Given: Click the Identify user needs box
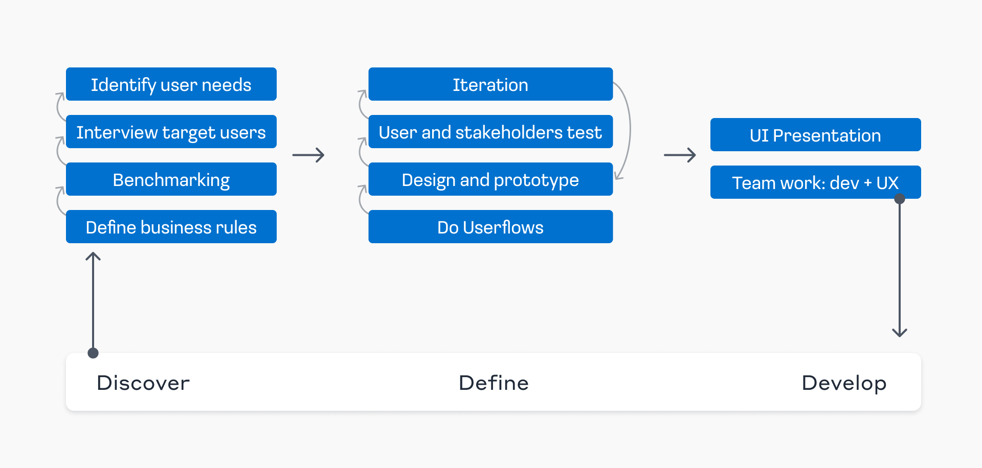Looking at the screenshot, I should point(171,84).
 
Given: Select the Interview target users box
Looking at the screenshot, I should point(171,132).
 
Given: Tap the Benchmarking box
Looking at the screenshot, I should point(171,179).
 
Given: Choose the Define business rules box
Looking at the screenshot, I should point(171,227).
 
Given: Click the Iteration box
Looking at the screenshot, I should point(490,84).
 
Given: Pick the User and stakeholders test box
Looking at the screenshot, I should point(490,132).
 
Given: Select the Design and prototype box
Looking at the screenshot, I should point(490,179).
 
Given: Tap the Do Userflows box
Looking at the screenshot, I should point(490,227).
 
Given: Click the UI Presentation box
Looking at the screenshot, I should point(815,135).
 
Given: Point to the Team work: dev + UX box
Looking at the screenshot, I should point(815,182).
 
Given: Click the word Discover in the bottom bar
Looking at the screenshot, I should point(143,383).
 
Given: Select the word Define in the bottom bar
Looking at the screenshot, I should point(494,383).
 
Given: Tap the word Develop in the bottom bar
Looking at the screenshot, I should point(844,383).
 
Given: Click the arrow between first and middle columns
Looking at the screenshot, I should point(308,155).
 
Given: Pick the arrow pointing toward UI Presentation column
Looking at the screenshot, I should point(680,155).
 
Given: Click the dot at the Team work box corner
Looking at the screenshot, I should point(900,199).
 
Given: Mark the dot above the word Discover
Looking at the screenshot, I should point(93,353).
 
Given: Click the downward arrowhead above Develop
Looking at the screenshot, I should point(900,333).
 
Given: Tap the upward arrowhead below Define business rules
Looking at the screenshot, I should point(93,256).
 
